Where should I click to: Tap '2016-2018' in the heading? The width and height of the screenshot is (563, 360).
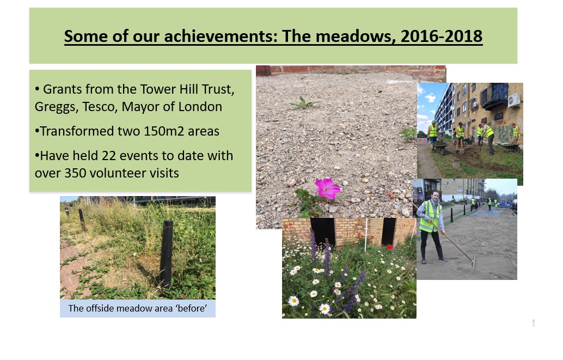pyautogui.click(x=441, y=36)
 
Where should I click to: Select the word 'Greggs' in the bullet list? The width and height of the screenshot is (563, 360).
pyautogui.click(x=57, y=107)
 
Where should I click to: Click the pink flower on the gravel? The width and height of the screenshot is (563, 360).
pyautogui.click(x=327, y=188)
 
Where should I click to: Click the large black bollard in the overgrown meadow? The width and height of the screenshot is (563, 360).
pyautogui.click(x=166, y=254)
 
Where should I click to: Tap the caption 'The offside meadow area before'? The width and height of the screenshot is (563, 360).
pyautogui.click(x=138, y=308)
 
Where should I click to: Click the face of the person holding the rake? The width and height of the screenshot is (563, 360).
pyautogui.click(x=436, y=196)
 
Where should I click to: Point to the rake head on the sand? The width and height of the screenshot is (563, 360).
pyautogui.click(x=474, y=263)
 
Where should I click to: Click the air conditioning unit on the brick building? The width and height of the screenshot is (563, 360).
pyautogui.click(x=513, y=100)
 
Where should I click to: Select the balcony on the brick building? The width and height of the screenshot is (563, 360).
pyautogui.click(x=495, y=96)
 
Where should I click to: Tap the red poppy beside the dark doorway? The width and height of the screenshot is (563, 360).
pyautogui.click(x=389, y=247)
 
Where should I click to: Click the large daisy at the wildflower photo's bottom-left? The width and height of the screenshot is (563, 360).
pyautogui.click(x=293, y=301)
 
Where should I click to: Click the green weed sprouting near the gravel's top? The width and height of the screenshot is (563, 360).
pyautogui.click(x=304, y=103)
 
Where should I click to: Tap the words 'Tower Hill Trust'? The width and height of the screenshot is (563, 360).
pyautogui.click(x=187, y=89)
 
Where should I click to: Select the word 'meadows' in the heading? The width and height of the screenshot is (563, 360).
pyautogui.click(x=353, y=36)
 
